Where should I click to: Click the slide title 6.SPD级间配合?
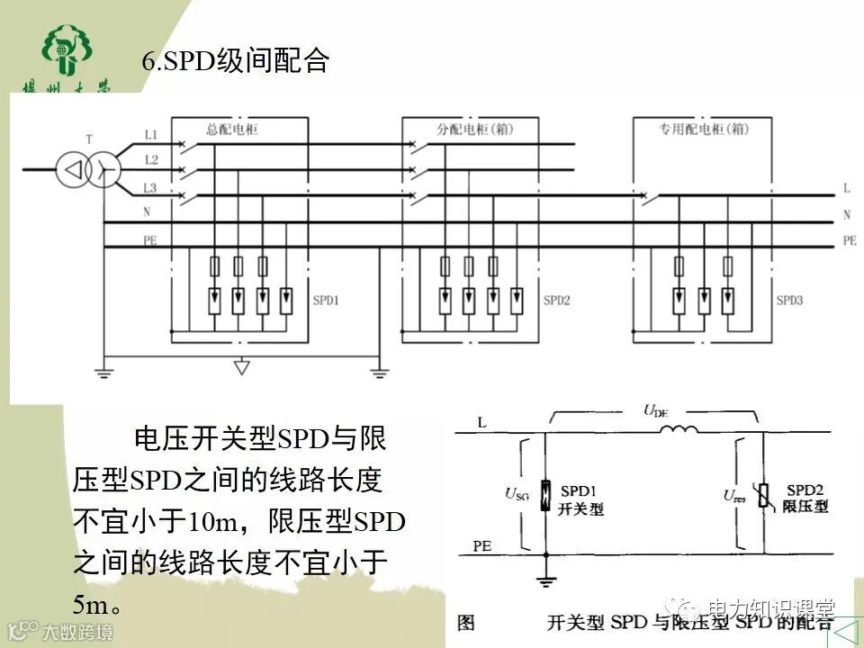click(236, 62)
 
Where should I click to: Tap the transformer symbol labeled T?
click(89, 167)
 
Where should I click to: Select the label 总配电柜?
click(231, 130)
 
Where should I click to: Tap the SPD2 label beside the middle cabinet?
click(556, 300)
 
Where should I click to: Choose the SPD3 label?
click(788, 300)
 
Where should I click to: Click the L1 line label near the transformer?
click(151, 135)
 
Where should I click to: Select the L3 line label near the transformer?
click(151, 187)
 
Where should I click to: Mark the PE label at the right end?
click(850, 240)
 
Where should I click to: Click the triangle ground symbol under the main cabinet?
click(240, 366)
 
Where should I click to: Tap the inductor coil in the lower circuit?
click(679, 430)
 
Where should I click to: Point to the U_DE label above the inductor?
click(655, 411)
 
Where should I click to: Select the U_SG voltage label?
click(517, 492)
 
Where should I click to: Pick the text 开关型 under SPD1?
click(580, 508)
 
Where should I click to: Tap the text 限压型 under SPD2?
click(805, 507)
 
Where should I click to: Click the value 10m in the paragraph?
click(211, 520)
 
